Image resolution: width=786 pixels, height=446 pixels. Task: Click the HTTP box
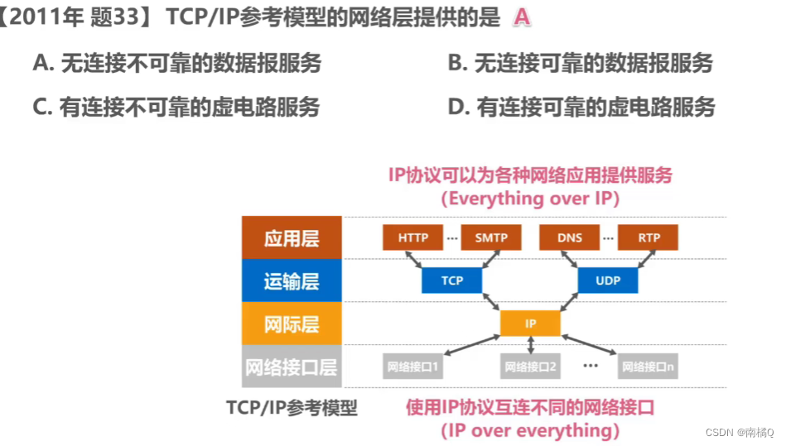[413, 237]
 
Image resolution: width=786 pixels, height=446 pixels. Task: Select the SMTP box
[491, 237]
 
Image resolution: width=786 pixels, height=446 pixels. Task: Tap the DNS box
[569, 237]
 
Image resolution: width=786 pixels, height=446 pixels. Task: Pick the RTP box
[649, 237]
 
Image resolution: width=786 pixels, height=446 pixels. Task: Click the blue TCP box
[452, 281]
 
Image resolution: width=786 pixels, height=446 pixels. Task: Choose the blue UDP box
[607, 281]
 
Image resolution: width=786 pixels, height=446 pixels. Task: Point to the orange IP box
[530, 324]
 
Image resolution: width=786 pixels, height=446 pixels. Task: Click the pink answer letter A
[521, 17]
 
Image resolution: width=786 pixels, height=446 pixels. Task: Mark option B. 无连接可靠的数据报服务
[580, 63]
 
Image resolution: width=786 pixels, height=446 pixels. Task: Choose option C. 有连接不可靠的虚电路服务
[176, 107]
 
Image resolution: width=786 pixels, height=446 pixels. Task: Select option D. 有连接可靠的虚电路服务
[581, 107]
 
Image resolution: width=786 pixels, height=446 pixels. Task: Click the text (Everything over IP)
[530, 199]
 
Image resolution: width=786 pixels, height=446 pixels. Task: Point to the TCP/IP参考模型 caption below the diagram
[292, 408]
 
